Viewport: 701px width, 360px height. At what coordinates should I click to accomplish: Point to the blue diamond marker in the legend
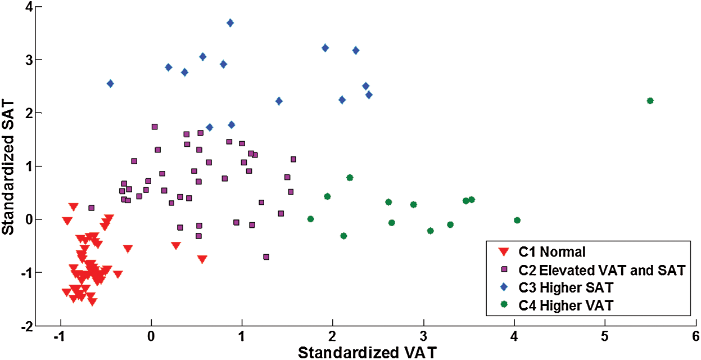pyautogui.click(x=504, y=287)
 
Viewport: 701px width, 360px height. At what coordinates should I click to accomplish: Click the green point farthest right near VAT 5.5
pyautogui.click(x=650, y=101)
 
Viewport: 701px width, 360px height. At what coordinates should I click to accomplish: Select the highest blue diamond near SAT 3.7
pyautogui.click(x=230, y=23)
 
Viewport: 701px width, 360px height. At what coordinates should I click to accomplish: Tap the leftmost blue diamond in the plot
pyautogui.click(x=110, y=84)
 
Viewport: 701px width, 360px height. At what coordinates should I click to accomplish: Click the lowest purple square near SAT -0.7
pyautogui.click(x=266, y=257)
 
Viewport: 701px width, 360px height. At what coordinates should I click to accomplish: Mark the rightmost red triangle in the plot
pyautogui.click(x=202, y=259)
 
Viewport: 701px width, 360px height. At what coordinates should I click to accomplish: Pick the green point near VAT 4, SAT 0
pyautogui.click(x=517, y=220)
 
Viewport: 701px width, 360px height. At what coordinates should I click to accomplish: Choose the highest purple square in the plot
pyautogui.click(x=155, y=127)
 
